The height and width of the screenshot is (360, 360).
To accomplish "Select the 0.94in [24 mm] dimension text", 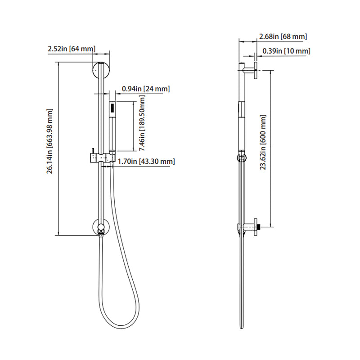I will [x=146, y=89].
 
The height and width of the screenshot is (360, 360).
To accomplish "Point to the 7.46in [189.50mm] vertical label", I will [x=141, y=127].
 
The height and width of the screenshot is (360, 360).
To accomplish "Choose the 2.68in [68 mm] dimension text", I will [x=283, y=36].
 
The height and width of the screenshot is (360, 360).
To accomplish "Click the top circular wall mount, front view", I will [x=100, y=70].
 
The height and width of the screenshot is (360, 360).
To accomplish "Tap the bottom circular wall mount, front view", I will [x=100, y=227].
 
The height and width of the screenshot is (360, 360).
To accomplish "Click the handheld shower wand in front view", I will [x=112, y=128].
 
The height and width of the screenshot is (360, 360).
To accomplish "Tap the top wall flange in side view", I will [x=255, y=71].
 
